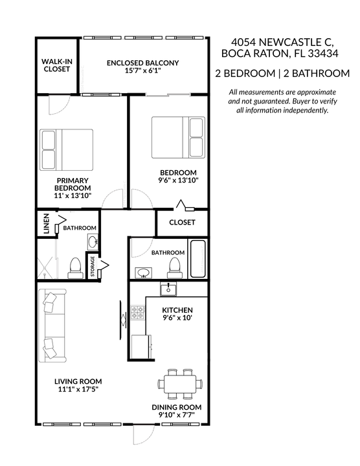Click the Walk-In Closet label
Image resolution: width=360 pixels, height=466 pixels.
56,65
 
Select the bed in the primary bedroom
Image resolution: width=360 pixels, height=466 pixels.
67,149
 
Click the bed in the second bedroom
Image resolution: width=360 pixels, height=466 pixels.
177,137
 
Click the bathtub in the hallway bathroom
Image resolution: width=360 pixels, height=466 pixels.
197,259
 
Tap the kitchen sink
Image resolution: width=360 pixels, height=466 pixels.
169,288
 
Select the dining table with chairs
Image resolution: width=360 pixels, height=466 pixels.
181,383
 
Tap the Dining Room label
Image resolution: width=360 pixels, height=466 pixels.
177,407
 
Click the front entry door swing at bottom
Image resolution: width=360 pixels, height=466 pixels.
144,435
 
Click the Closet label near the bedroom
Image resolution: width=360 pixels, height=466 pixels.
182,223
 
